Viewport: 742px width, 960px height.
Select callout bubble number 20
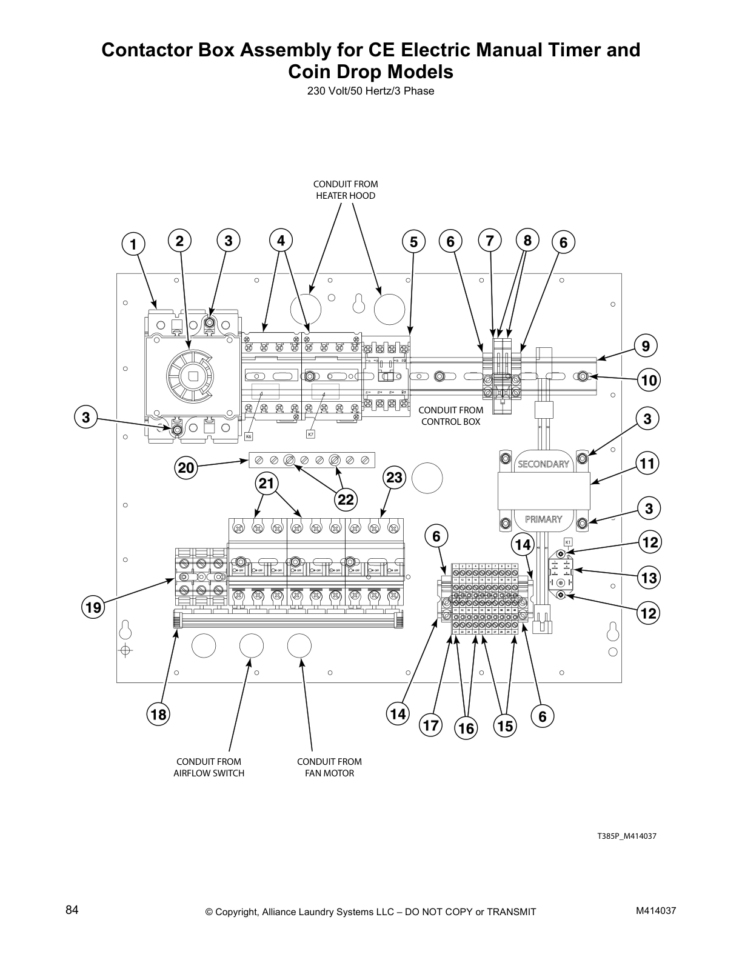point(186,467)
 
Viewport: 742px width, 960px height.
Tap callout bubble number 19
point(95,607)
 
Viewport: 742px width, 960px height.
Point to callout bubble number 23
point(394,478)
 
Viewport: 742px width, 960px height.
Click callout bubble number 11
point(648,464)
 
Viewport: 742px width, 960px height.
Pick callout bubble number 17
point(430,725)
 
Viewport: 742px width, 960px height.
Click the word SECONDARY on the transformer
point(543,464)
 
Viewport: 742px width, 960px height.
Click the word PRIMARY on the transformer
point(543,519)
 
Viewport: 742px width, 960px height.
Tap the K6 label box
point(249,436)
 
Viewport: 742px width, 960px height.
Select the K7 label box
point(310,433)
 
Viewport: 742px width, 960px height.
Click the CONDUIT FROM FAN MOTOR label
point(329,767)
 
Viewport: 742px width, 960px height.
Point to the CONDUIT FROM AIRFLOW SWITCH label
point(209,767)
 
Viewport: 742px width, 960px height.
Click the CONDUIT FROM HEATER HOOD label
point(345,190)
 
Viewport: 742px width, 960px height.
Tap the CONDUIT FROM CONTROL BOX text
point(450,416)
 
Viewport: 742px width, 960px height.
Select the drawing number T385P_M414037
point(627,836)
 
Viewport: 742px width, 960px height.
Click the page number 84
point(72,910)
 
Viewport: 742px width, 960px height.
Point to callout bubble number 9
point(646,346)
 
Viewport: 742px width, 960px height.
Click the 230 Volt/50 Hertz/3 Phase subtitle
point(370,92)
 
